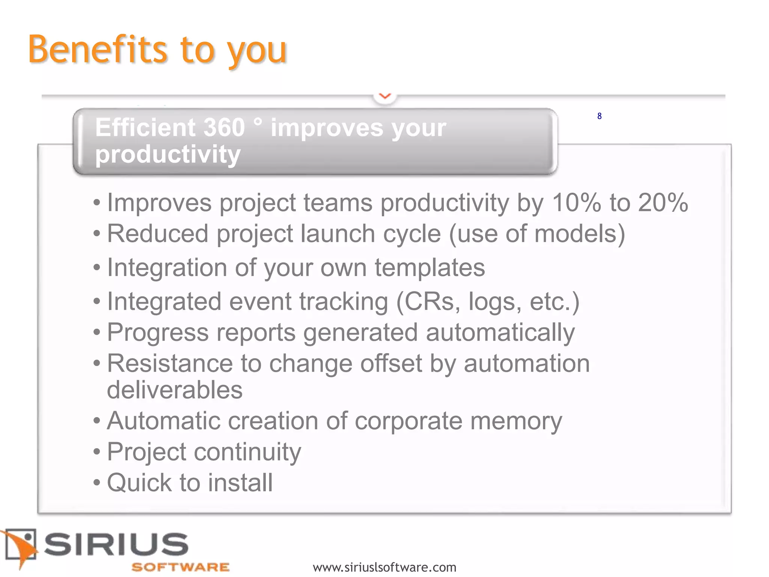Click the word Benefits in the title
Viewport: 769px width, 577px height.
[98, 50]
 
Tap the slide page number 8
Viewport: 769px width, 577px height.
[599, 116]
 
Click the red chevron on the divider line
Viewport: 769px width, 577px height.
[385, 96]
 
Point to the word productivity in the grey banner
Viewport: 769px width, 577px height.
[167, 154]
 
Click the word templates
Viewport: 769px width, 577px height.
[430, 268]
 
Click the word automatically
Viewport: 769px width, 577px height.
[500, 333]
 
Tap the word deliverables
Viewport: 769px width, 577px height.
[175, 390]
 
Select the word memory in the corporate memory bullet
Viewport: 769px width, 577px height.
[516, 421]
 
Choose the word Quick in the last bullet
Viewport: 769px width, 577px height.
[139, 483]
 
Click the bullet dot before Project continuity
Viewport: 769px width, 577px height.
[97, 452]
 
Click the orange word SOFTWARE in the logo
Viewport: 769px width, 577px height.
[180, 567]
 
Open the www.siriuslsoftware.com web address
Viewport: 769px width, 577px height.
[384, 567]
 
